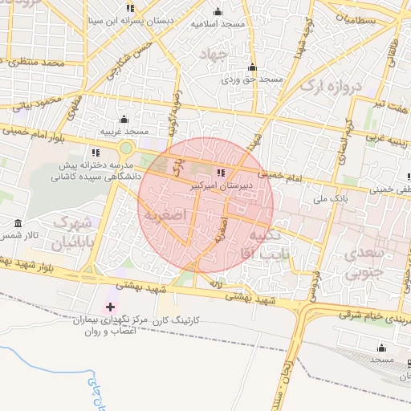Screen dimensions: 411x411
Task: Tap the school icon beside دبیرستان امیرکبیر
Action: coord(221,173)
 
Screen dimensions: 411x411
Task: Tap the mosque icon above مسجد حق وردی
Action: coord(252,67)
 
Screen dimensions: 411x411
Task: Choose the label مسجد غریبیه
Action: coord(124,130)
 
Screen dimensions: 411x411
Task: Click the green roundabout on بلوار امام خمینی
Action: coord(126,148)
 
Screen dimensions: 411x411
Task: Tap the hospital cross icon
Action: coord(110,307)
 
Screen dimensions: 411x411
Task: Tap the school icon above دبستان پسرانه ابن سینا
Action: coord(130,8)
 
